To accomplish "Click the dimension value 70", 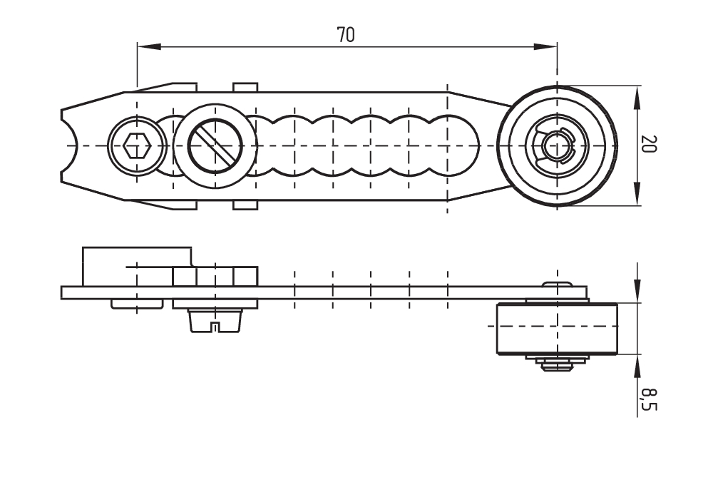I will tap(346, 35).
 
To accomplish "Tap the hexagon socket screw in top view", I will tap(136, 146).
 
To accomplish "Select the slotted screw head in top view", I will tap(215, 146).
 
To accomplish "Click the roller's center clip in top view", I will tap(557, 146).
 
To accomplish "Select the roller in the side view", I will tap(556, 329).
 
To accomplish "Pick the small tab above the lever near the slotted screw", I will tap(245, 87).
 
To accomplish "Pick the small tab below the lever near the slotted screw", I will tap(245, 206).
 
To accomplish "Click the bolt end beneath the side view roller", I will tap(557, 366).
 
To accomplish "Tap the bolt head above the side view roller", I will tap(557, 285).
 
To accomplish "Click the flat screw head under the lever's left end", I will tap(136, 304).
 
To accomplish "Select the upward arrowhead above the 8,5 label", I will tap(637, 364).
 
